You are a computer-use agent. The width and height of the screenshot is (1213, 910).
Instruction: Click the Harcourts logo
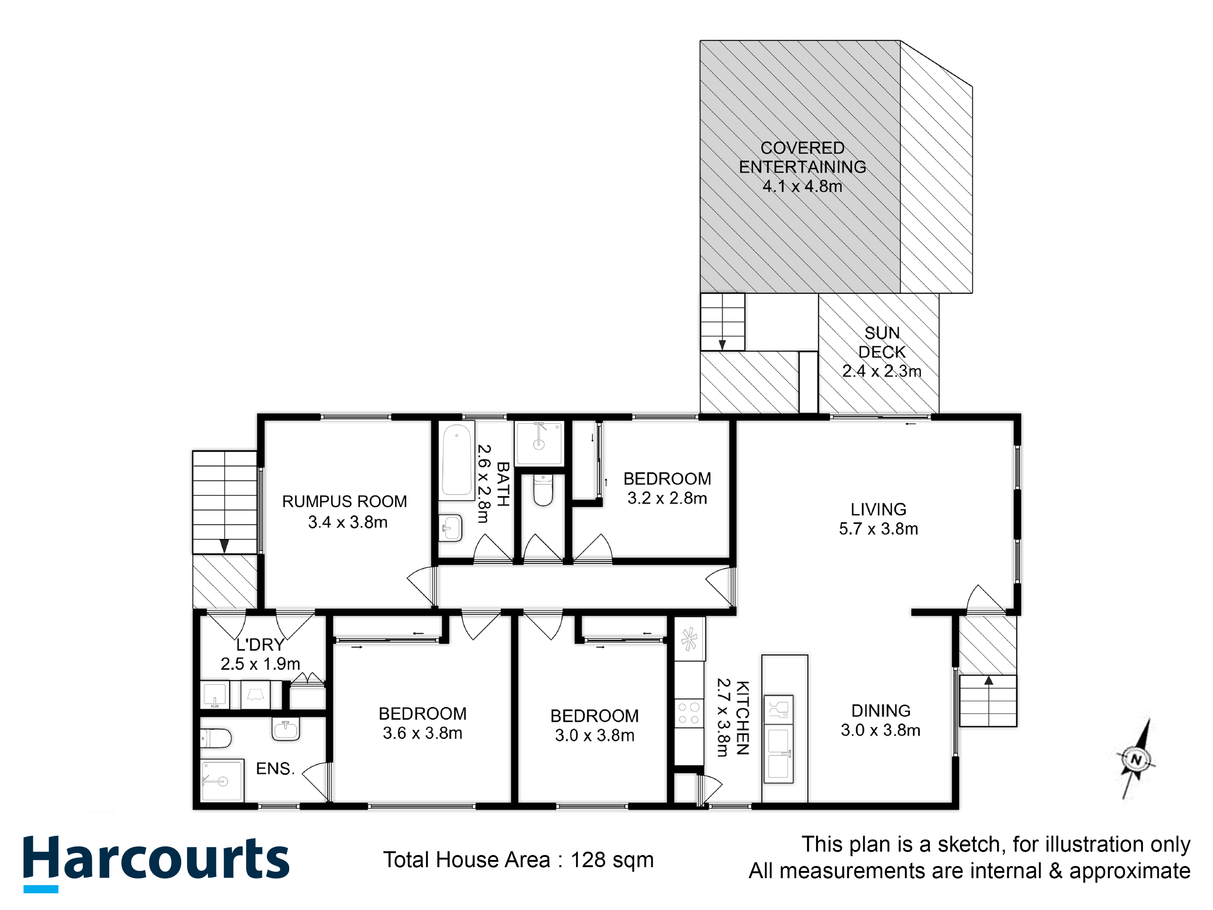point(156,863)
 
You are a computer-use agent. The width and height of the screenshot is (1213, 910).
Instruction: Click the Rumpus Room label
point(344,501)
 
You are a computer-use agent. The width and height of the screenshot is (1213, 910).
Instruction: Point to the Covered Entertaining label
point(802,157)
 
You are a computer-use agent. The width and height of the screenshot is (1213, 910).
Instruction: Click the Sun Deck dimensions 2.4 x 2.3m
point(882,371)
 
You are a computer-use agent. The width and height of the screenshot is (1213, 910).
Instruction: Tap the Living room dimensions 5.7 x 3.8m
point(879,529)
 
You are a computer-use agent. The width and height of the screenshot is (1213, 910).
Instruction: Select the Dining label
point(881,711)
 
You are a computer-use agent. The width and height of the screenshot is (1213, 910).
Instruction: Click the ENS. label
point(275,769)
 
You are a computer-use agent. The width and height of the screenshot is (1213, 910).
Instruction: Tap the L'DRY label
point(260,645)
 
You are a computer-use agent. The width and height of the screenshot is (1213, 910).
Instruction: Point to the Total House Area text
point(518,860)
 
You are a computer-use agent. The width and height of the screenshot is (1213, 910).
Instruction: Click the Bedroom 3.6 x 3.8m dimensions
point(422,733)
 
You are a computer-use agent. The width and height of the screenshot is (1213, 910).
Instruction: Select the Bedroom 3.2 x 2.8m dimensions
point(668,499)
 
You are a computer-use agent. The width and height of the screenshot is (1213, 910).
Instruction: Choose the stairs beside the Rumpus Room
point(225,502)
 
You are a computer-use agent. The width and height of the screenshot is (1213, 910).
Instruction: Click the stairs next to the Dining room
point(988,700)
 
